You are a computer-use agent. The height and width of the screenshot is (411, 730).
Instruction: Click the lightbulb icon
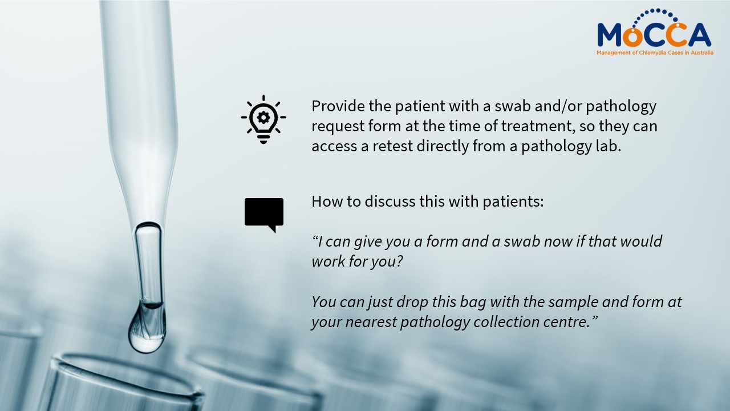263,119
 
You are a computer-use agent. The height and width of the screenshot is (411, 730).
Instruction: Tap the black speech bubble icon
264,214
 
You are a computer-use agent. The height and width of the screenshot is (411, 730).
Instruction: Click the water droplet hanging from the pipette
147,329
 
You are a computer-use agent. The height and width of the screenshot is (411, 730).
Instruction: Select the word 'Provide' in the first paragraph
338,106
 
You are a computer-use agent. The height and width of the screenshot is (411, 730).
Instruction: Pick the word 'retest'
393,146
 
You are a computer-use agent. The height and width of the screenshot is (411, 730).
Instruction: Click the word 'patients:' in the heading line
513,202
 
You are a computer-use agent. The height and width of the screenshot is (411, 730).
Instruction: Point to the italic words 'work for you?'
358,261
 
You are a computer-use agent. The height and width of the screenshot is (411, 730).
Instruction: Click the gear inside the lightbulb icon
263,117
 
